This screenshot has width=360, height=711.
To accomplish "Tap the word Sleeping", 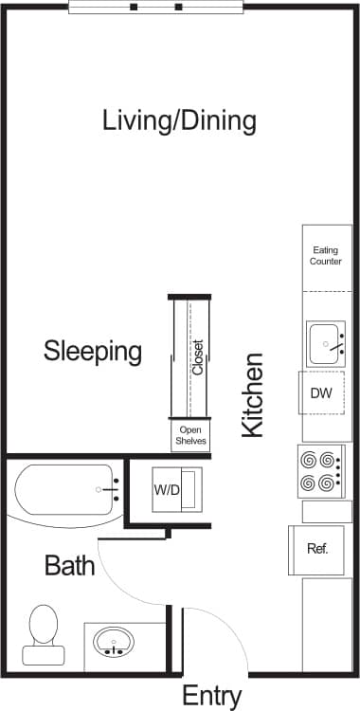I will (93, 352).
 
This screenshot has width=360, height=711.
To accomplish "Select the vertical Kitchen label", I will (251, 395).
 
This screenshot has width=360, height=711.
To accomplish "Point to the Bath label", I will (70, 567).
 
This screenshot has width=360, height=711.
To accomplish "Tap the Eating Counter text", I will (326, 256).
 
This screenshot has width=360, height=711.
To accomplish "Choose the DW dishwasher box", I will (321, 393).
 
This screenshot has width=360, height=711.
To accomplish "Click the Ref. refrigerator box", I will (316, 549).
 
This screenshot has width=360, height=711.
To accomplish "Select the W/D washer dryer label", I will (167, 490).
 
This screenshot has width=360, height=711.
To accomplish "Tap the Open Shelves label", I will (189, 436).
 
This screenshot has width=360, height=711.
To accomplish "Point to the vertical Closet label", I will (198, 357).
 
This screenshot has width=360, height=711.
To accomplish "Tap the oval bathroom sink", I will (115, 642).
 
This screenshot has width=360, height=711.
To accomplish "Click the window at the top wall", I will (156, 7).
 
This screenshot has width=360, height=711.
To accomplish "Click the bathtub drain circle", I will (99, 489).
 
